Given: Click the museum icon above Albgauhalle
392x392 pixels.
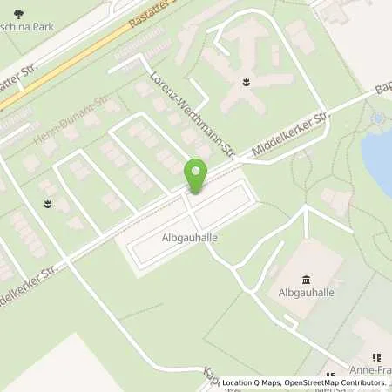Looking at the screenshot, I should click(306, 280).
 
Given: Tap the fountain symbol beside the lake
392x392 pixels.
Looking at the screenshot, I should click(377, 118).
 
